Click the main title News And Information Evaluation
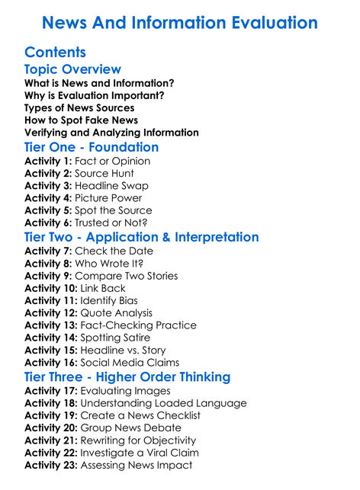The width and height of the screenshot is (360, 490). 179,22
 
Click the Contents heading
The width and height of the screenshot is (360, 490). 55,53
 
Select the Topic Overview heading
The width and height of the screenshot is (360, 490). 72,70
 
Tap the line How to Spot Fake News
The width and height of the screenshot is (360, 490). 81,120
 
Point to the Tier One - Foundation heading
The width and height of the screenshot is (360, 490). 92,146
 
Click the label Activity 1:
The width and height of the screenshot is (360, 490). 48,162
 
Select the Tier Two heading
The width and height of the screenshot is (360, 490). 141,236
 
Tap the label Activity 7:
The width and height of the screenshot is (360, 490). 48,251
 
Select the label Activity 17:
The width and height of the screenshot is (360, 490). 50,391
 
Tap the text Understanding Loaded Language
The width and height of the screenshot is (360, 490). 163,403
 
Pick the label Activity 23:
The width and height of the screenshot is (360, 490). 50,464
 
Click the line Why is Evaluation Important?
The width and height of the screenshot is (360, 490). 94,95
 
